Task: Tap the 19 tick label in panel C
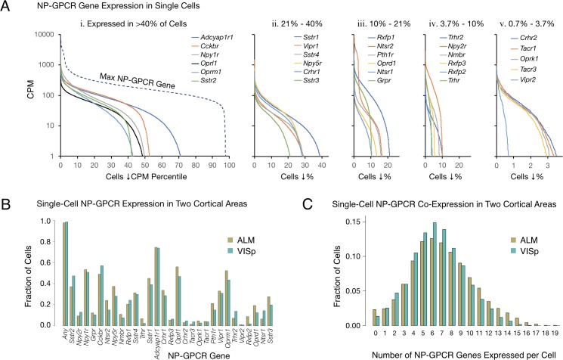(555, 334)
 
